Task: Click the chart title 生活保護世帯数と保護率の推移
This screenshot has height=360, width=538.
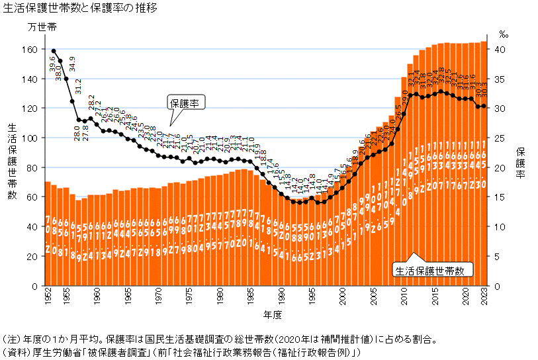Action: click(x=79, y=7)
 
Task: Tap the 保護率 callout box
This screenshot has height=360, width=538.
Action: click(x=187, y=103)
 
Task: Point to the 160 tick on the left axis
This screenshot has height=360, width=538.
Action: click(x=30, y=49)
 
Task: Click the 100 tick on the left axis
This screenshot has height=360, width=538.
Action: click(x=30, y=138)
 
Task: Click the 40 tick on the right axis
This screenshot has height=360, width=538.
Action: click(x=501, y=49)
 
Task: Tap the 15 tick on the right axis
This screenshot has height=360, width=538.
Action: click(x=501, y=197)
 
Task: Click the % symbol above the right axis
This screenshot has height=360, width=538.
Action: click(x=504, y=33)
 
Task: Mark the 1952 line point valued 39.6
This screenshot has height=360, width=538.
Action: click(x=54, y=51)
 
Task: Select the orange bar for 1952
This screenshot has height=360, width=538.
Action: click(x=48, y=232)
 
